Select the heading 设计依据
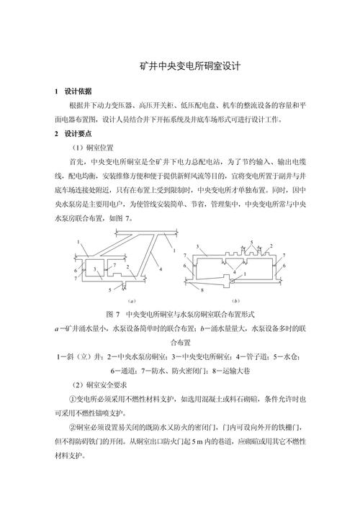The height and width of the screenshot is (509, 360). point(78,91)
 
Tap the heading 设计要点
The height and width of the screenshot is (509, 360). point(78,134)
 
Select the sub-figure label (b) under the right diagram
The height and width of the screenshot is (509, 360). point(237,299)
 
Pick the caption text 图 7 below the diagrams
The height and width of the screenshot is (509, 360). point(112,315)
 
